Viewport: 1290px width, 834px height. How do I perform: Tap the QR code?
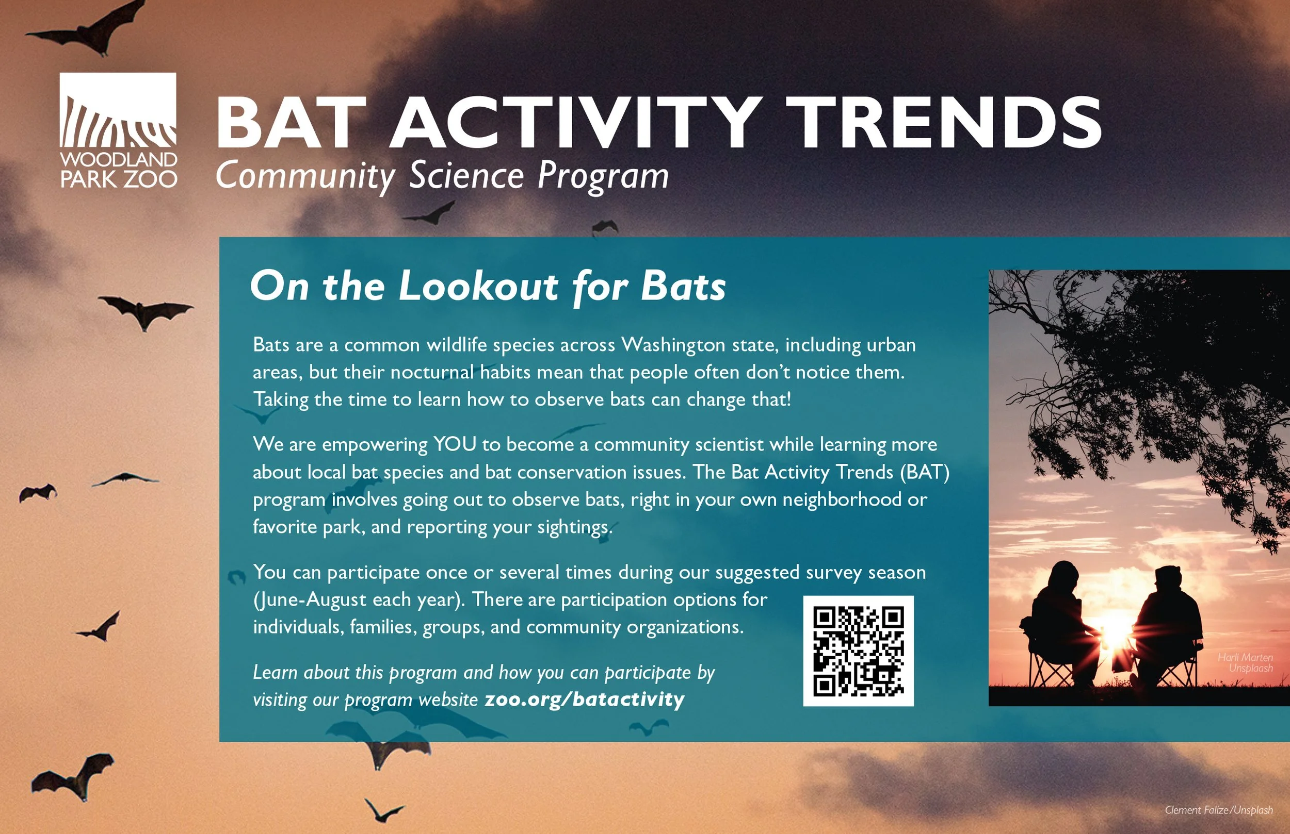click(858, 651)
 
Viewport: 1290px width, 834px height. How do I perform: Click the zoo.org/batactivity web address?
click(584, 699)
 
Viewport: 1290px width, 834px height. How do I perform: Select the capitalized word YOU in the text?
click(454, 445)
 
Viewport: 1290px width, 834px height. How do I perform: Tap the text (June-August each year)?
click(358, 600)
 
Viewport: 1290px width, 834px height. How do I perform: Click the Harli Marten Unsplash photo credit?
click(1245, 662)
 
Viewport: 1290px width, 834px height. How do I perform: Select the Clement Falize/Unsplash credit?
click(1218, 810)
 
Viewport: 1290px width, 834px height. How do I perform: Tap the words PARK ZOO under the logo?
click(118, 179)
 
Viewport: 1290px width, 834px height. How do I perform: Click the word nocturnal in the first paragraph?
click(431, 373)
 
